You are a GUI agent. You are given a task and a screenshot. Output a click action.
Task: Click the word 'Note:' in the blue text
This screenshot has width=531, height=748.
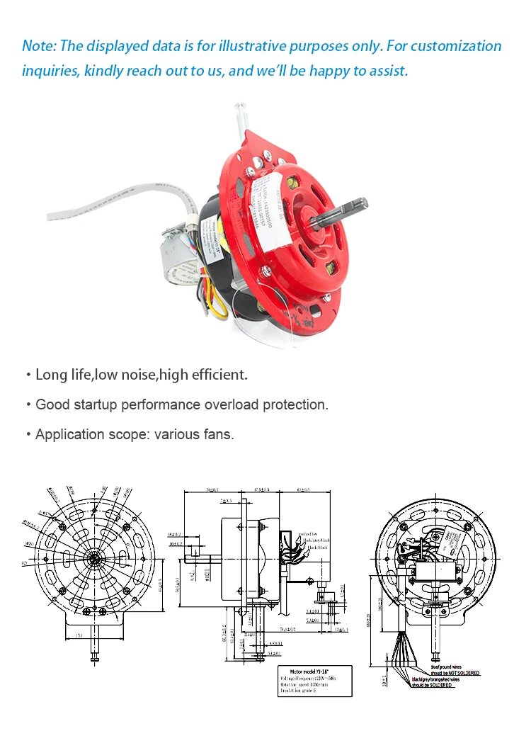click(39, 47)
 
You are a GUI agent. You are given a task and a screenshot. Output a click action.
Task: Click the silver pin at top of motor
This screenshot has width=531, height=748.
click(241, 113)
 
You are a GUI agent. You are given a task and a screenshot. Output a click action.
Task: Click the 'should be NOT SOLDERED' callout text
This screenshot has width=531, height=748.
click(455, 672)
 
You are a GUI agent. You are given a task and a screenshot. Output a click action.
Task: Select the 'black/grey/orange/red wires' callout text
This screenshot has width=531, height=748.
click(444, 679)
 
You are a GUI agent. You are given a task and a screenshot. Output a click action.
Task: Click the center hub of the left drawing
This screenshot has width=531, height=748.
click(94, 557)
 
